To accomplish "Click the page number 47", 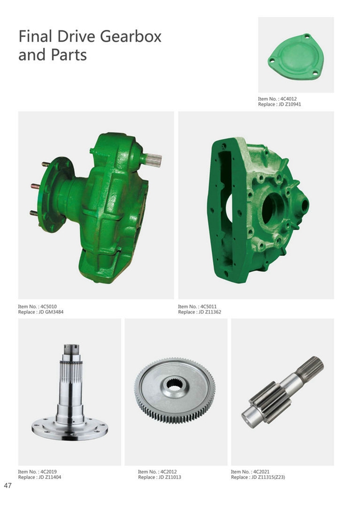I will coord(8,485).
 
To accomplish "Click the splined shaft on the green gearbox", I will coord(153,159).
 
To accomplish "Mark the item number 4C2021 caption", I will coord(260,472).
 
